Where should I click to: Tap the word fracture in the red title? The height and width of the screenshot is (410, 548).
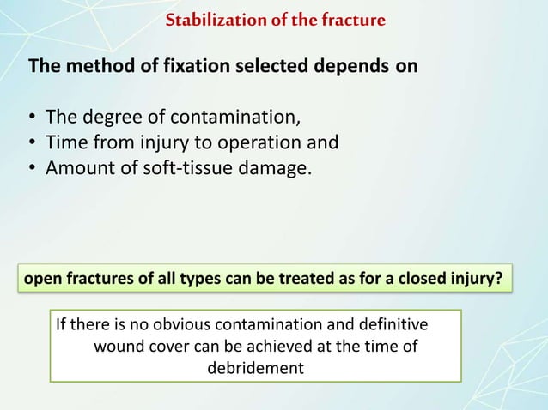coord(355,19)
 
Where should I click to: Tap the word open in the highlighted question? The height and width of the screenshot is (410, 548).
coord(40,280)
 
